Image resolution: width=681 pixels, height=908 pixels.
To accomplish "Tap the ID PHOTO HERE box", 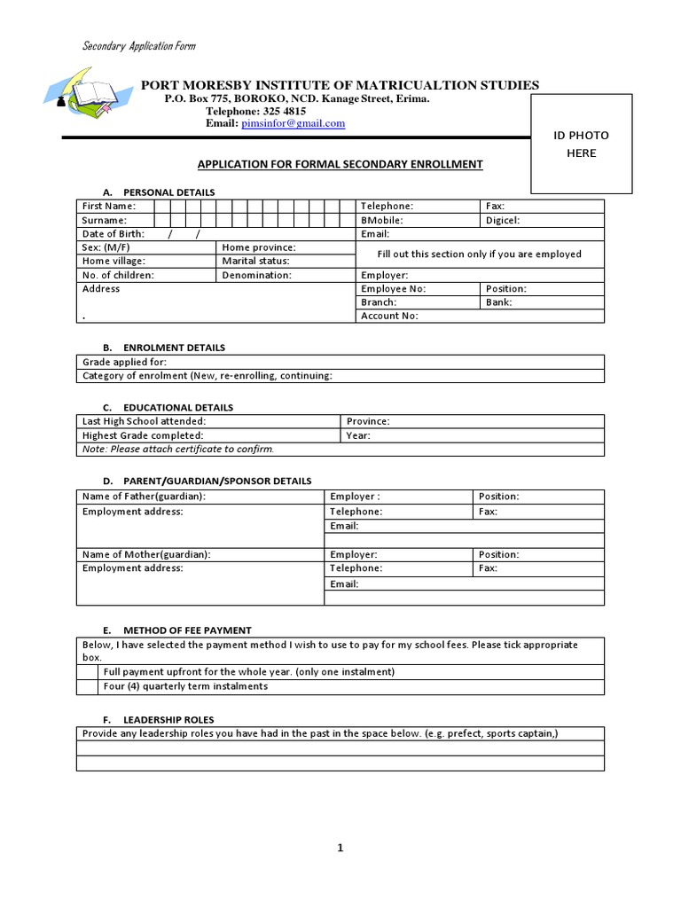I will [581, 145].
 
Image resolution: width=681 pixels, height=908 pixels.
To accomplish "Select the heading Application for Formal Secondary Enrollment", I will [340, 164].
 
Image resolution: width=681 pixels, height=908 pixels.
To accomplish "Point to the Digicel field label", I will [503, 220].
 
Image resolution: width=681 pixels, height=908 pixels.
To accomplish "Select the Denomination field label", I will [257, 275].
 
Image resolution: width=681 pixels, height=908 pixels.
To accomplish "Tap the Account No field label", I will [389, 316].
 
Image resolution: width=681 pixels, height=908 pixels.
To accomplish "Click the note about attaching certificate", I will [178, 449].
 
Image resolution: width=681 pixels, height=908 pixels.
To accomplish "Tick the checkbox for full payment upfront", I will [88, 672].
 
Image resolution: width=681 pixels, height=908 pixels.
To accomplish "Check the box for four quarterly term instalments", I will [88, 686].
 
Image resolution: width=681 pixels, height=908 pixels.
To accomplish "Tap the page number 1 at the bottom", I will [340, 848].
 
